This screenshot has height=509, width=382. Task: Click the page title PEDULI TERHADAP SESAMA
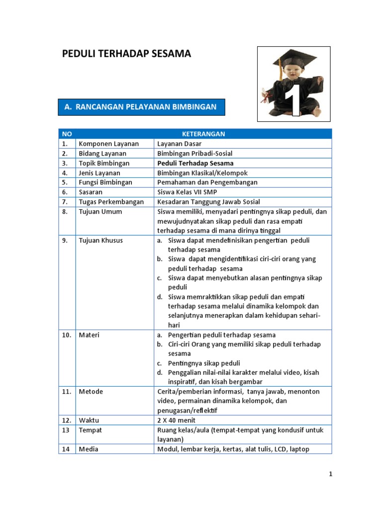point(126,54)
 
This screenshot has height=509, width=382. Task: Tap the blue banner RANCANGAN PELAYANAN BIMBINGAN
point(141,107)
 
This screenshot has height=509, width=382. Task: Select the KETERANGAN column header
point(203,134)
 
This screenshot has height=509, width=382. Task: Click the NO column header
point(67,134)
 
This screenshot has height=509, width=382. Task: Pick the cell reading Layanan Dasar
point(179,144)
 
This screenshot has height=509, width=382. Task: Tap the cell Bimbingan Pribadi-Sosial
point(194,153)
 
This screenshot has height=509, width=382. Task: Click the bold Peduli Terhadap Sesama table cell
point(195,163)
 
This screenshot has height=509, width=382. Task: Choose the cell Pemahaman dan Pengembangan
point(207,182)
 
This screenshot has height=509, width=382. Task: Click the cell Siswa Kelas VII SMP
point(187,192)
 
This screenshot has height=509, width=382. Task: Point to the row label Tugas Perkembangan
point(111,202)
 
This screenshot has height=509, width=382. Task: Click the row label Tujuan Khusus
point(101,241)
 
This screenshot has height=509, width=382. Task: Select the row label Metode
point(91,392)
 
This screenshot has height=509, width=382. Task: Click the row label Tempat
point(90,430)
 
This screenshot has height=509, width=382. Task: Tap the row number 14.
point(66,449)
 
